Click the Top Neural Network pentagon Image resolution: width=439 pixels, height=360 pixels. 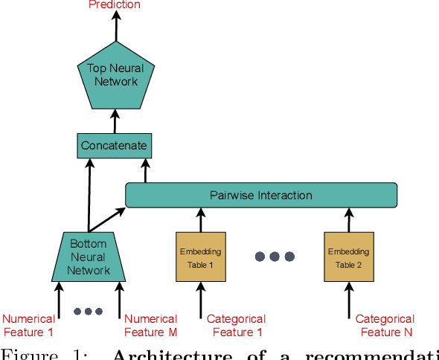click(x=115, y=74)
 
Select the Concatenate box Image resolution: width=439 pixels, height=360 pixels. click(x=114, y=146)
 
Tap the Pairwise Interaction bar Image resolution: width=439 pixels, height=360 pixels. click(x=260, y=195)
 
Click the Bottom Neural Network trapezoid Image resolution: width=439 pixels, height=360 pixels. click(x=89, y=257)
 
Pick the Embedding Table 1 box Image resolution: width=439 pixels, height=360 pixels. click(x=200, y=257)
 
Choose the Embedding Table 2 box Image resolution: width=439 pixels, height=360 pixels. click(x=348, y=257)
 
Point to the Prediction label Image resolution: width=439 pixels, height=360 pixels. click(x=114, y=5)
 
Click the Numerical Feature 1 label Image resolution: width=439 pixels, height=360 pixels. click(x=28, y=326)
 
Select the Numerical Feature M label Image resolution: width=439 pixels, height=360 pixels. click(x=150, y=326)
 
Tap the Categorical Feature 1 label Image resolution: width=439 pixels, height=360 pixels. click(x=235, y=326)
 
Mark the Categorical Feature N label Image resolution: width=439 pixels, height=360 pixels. click(x=385, y=326)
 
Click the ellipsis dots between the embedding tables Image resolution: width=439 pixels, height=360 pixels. click(x=275, y=257)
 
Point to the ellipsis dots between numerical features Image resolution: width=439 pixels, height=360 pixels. click(x=88, y=311)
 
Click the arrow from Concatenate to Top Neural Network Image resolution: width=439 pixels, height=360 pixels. click(x=115, y=120)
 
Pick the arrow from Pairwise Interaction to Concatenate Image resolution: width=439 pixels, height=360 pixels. click(x=144, y=171)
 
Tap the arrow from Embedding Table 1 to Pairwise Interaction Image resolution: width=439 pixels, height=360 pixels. click(x=200, y=219)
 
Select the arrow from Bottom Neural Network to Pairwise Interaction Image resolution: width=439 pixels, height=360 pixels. click(x=108, y=219)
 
